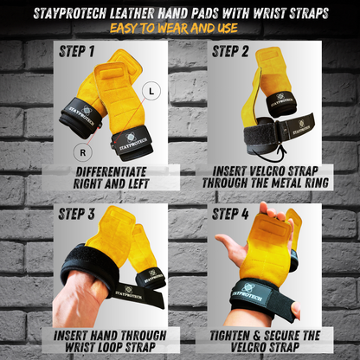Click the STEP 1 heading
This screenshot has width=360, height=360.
(x=77, y=52)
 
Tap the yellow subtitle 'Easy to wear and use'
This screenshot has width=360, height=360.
(x=181, y=26)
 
